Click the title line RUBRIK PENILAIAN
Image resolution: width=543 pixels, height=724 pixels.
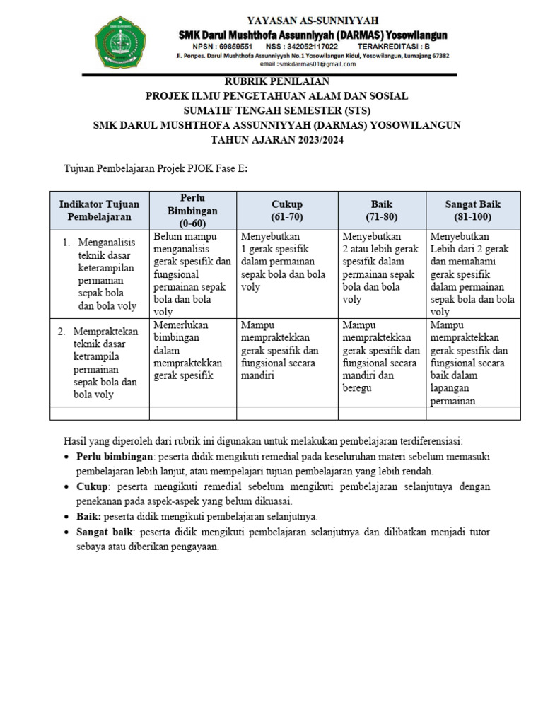click(x=277, y=81)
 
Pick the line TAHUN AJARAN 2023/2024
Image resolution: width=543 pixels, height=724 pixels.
click(x=277, y=139)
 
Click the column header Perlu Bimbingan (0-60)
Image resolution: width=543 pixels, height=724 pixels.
click(x=192, y=211)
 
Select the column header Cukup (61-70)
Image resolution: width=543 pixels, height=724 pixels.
click(x=286, y=210)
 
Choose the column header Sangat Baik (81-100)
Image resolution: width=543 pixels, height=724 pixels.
click(x=472, y=210)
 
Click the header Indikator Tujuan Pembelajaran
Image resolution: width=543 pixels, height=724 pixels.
click(x=99, y=210)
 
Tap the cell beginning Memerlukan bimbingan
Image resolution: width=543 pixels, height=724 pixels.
click(x=188, y=350)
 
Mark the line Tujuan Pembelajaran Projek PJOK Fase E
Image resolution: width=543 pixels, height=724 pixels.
click(x=156, y=169)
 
